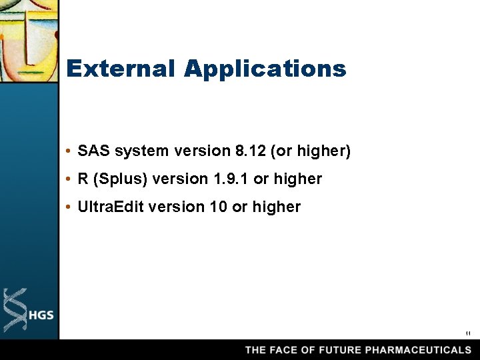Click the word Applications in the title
coord(265,69)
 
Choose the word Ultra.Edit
coord(111,207)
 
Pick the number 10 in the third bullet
coord(218,207)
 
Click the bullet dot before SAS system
coord(69,151)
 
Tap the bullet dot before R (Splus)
coord(69,179)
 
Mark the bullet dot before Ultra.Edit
coord(69,207)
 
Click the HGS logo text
coord(41,315)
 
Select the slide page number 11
coord(469,333)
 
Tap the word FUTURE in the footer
coord(339,350)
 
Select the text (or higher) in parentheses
coord(311,151)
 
